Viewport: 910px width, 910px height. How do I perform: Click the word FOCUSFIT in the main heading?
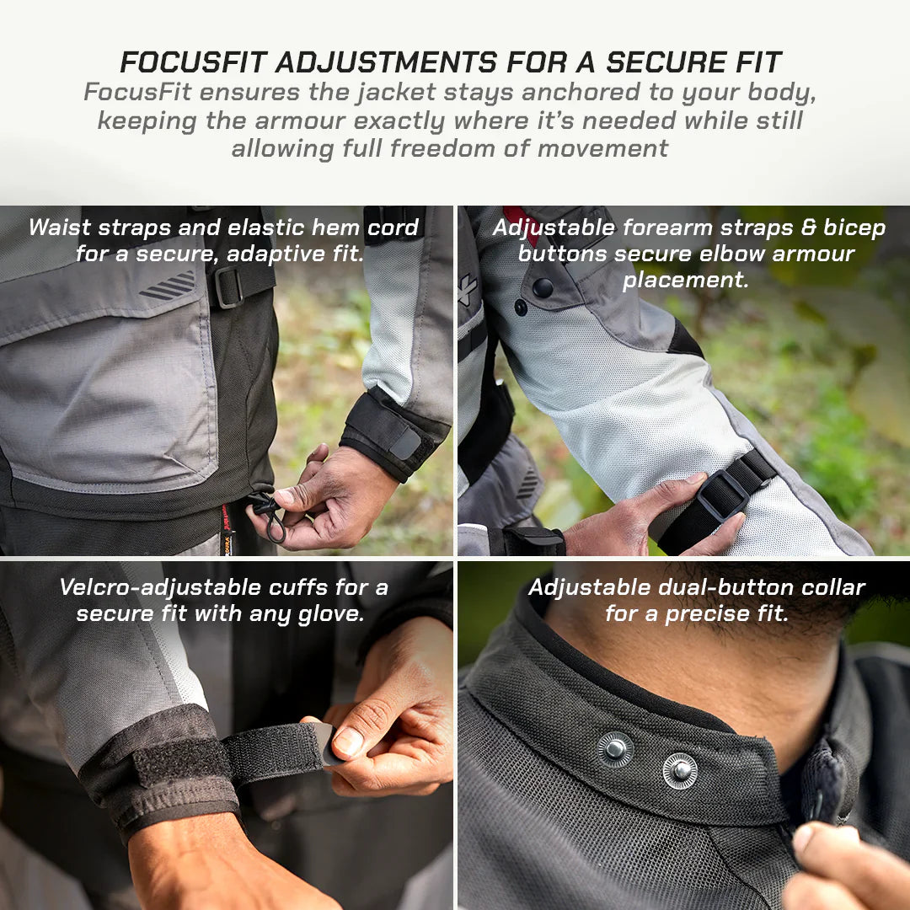coord(193,62)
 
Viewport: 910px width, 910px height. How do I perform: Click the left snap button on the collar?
coord(615,748)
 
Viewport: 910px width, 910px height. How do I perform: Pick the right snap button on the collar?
coord(679,770)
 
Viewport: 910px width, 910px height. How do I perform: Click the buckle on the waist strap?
coord(228,286)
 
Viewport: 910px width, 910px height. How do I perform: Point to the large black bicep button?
coord(543,287)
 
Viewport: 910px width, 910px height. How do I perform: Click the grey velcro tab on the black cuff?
coord(405,444)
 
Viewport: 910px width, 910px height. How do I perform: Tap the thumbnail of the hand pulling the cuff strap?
coord(348,741)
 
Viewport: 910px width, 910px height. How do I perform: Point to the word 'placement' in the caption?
coord(685,280)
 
